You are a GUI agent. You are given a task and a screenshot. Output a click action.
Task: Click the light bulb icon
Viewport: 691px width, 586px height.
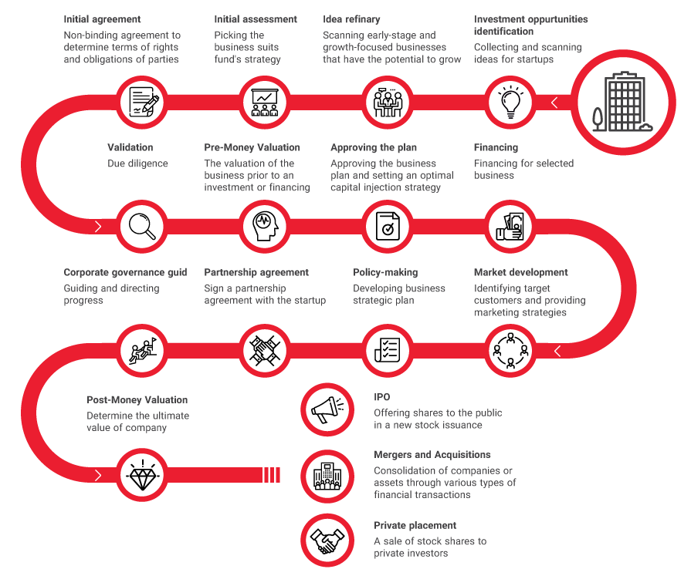pos(510,102)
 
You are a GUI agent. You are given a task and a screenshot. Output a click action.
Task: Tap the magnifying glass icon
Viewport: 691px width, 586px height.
pos(142,226)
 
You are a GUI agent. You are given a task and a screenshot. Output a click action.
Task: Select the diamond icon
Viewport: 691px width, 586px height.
pos(142,475)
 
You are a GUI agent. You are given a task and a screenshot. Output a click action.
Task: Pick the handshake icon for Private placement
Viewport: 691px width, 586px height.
pos(327,541)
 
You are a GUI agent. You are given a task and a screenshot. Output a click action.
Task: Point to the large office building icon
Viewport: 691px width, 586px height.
pos(622,102)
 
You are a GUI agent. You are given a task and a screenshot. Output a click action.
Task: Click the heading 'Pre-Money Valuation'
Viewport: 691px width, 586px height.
pos(252,147)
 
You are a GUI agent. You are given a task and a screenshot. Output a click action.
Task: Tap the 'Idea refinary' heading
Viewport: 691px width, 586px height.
pos(351,19)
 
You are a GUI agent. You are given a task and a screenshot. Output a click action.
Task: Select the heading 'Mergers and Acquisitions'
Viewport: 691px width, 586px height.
pos(432,455)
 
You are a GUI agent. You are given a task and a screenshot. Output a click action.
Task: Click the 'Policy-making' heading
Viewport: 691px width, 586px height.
pos(385,272)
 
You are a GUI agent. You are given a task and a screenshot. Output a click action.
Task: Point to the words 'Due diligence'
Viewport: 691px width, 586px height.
pos(137,163)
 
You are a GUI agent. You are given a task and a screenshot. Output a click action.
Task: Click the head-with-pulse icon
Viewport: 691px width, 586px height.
pos(266,226)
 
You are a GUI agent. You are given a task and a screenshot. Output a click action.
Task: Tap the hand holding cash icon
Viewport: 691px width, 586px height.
pos(510,226)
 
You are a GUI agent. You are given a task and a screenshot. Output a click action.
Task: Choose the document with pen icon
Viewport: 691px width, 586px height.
pos(143,102)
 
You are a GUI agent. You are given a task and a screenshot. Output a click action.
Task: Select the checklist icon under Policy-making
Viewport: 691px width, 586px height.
pos(388,351)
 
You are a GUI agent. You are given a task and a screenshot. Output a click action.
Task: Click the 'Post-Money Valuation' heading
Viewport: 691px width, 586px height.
pos(137,400)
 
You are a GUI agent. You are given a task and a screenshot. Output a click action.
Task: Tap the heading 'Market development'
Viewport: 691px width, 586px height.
pos(521,272)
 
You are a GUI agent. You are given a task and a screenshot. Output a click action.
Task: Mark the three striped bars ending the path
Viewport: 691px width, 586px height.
pos(272,475)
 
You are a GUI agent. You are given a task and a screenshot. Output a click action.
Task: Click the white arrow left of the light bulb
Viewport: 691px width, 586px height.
pos(554,103)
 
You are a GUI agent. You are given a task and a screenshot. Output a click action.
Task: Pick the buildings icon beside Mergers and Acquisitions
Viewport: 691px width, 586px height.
pos(327,477)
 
